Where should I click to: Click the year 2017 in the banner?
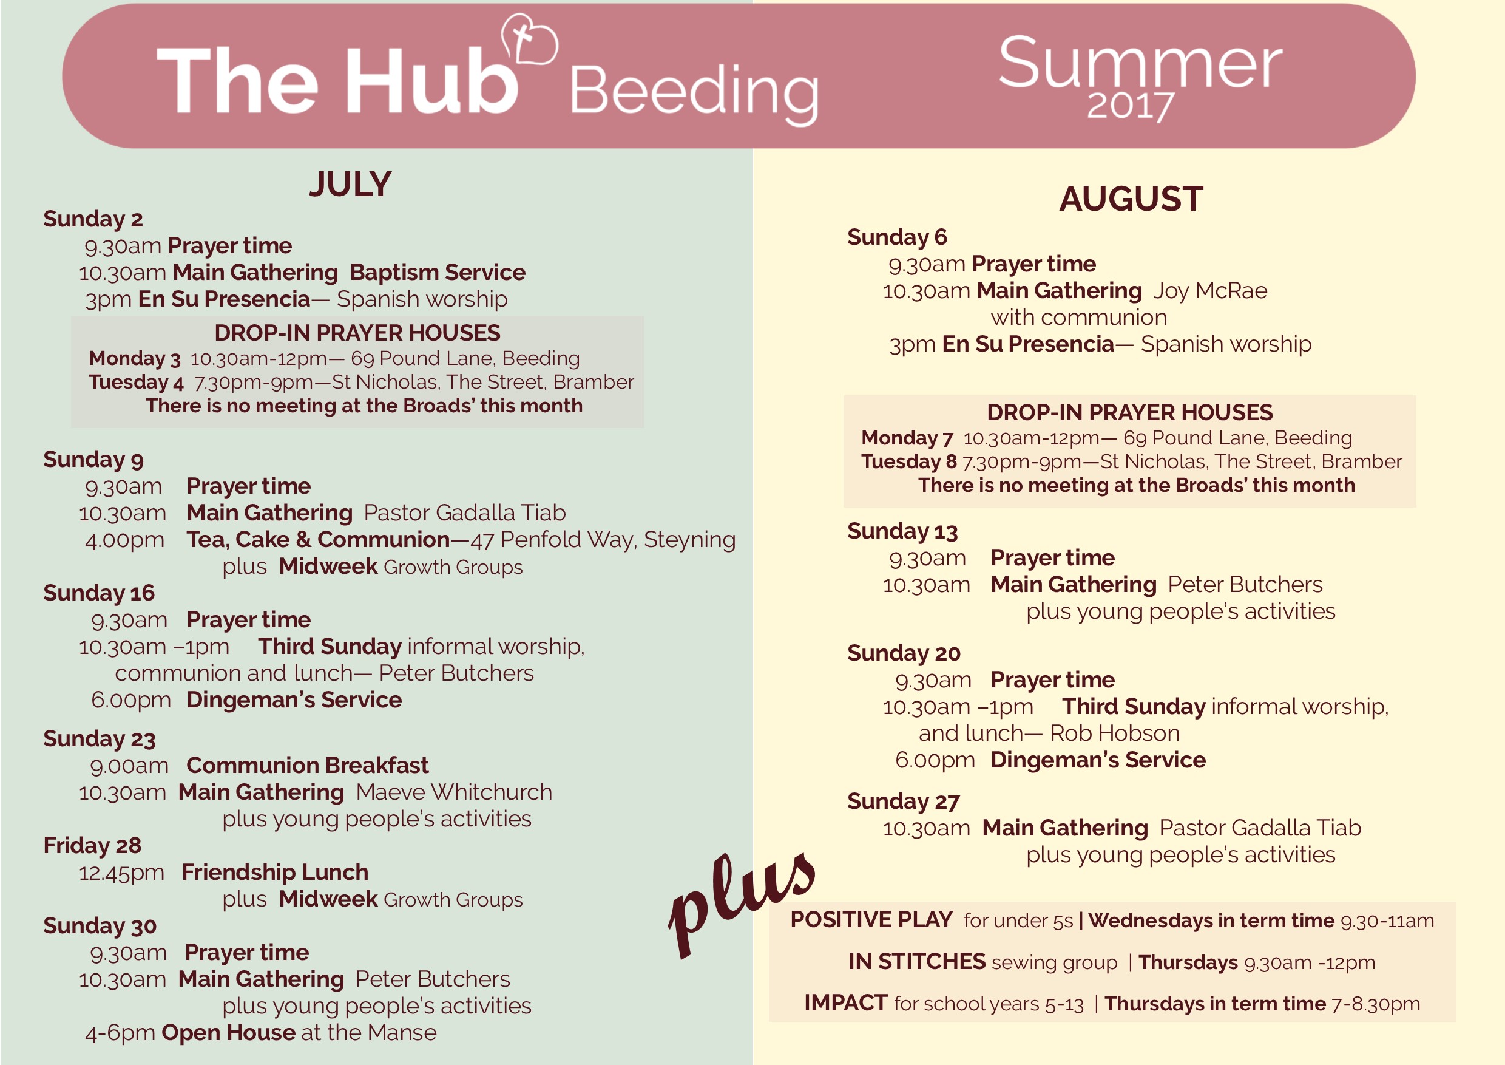point(1130,106)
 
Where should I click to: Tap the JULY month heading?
point(351,184)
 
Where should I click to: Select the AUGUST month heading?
point(1131,199)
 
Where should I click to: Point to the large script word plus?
point(741,905)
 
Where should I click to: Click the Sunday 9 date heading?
point(93,460)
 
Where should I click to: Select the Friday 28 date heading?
point(92,845)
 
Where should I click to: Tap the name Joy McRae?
point(1211,290)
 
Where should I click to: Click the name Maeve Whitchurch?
point(453,792)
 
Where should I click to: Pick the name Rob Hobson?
point(1114,733)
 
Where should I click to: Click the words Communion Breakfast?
point(308,765)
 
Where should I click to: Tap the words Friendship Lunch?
point(276,872)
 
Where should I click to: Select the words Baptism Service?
point(437,272)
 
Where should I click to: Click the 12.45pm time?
point(121,873)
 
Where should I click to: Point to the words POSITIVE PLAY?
point(871,919)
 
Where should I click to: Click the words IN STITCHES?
point(916,961)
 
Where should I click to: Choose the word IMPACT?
point(845,1002)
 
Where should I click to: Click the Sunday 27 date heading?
point(903,801)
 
